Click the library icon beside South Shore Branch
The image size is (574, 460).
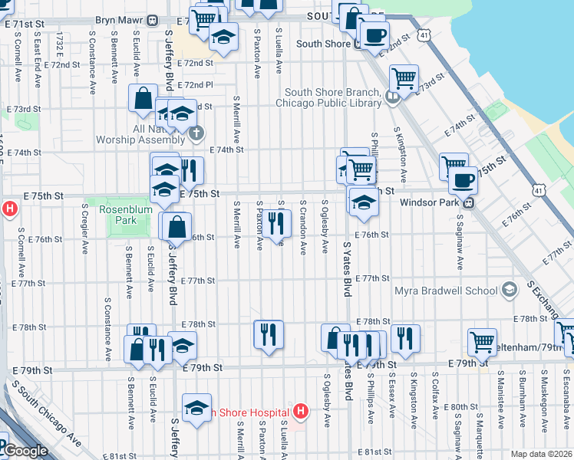coord(392,97)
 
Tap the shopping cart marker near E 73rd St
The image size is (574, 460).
coord(403,77)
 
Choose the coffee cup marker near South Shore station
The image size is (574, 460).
coord(374,34)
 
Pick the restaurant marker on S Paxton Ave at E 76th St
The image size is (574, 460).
coord(277,223)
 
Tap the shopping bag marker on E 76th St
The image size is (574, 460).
coord(176,226)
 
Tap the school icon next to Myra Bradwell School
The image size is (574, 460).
coord(509,291)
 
